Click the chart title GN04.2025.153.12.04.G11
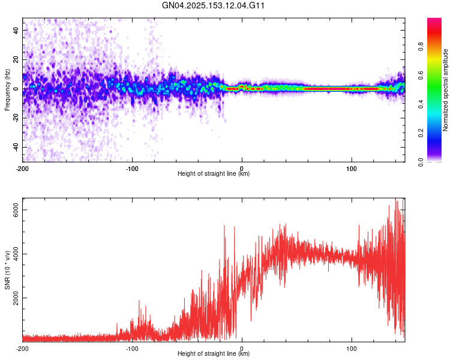pyautogui.click(x=214, y=5)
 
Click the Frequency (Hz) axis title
pyautogui.click(x=8, y=89)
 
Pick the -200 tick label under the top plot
pyautogui.click(x=22, y=168)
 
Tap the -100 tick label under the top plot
pyautogui.click(x=132, y=168)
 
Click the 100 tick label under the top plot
pyautogui.click(x=352, y=168)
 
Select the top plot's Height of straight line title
pyautogui.click(x=214, y=174)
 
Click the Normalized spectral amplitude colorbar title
pyautogui.click(x=446, y=90)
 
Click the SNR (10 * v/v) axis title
pyautogui.click(x=8, y=270)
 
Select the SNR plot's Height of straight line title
pyautogui.click(x=214, y=355)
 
